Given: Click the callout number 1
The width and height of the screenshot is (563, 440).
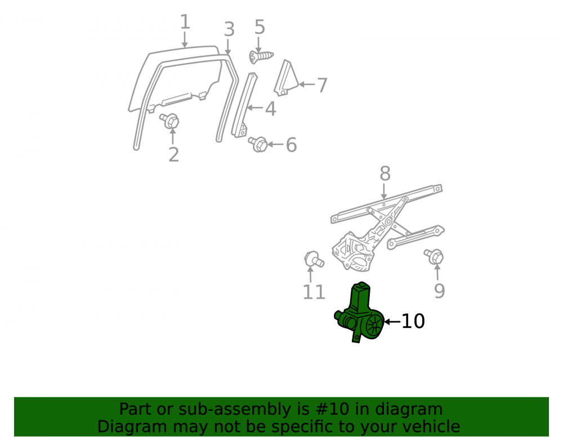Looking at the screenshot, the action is pyautogui.click(x=185, y=23).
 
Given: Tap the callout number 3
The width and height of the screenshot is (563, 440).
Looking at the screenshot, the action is pyautogui.click(x=230, y=29).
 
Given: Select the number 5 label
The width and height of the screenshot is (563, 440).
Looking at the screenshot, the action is pyautogui.click(x=260, y=27).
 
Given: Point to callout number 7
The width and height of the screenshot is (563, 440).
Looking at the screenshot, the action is pyautogui.click(x=322, y=86).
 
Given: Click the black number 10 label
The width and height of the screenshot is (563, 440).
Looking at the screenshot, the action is pyautogui.click(x=413, y=321).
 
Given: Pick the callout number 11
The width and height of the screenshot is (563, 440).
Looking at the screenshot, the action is pyautogui.click(x=314, y=292).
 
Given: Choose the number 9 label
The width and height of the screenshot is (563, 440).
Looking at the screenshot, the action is pyautogui.click(x=440, y=291).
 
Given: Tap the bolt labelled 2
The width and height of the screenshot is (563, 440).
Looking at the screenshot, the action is pyautogui.click(x=170, y=121).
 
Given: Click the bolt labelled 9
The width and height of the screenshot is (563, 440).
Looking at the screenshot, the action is pyautogui.click(x=434, y=256).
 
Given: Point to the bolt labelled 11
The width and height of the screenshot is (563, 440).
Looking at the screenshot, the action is pyautogui.click(x=313, y=259).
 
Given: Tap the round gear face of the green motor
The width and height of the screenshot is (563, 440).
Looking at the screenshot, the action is pyautogui.click(x=375, y=325).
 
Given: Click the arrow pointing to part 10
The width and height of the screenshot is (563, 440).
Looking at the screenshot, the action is pyautogui.click(x=392, y=322).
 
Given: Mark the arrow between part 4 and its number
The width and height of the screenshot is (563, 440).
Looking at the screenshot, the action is pyautogui.click(x=254, y=108).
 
